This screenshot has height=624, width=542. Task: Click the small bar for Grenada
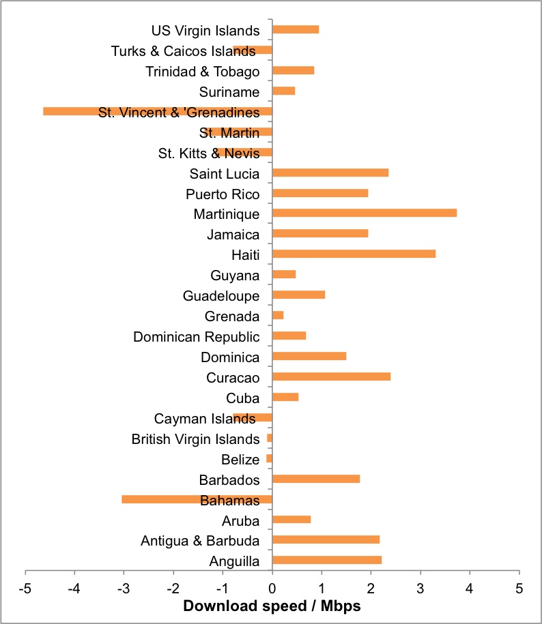coord(278,315)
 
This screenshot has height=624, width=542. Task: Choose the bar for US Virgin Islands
coord(295,29)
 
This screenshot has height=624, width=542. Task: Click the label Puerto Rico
coord(223,194)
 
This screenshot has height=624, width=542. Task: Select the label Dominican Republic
coord(196,337)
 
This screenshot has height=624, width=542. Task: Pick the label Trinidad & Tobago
coord(203,72)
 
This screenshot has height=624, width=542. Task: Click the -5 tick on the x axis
coord(25,587)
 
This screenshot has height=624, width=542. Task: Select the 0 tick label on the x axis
coord(272,587)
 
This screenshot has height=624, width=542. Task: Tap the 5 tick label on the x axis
coord(519,587)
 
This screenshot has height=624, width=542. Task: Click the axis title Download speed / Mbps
coord(272,606)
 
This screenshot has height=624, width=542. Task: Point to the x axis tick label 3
coord(420,587)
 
